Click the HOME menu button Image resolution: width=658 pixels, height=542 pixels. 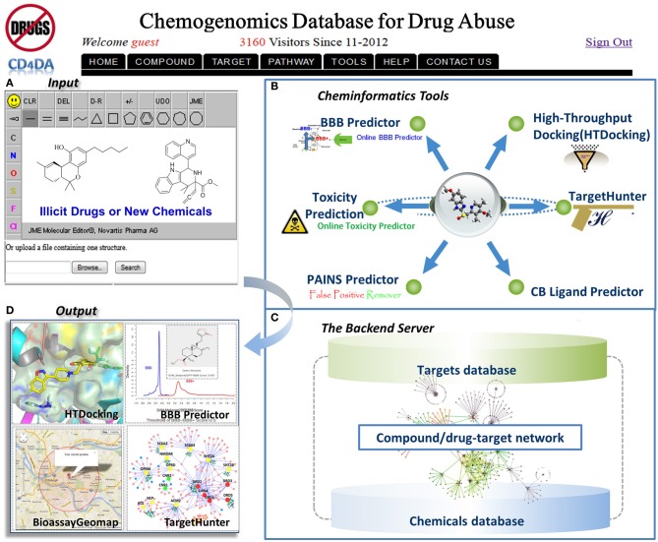coord(105,62)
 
